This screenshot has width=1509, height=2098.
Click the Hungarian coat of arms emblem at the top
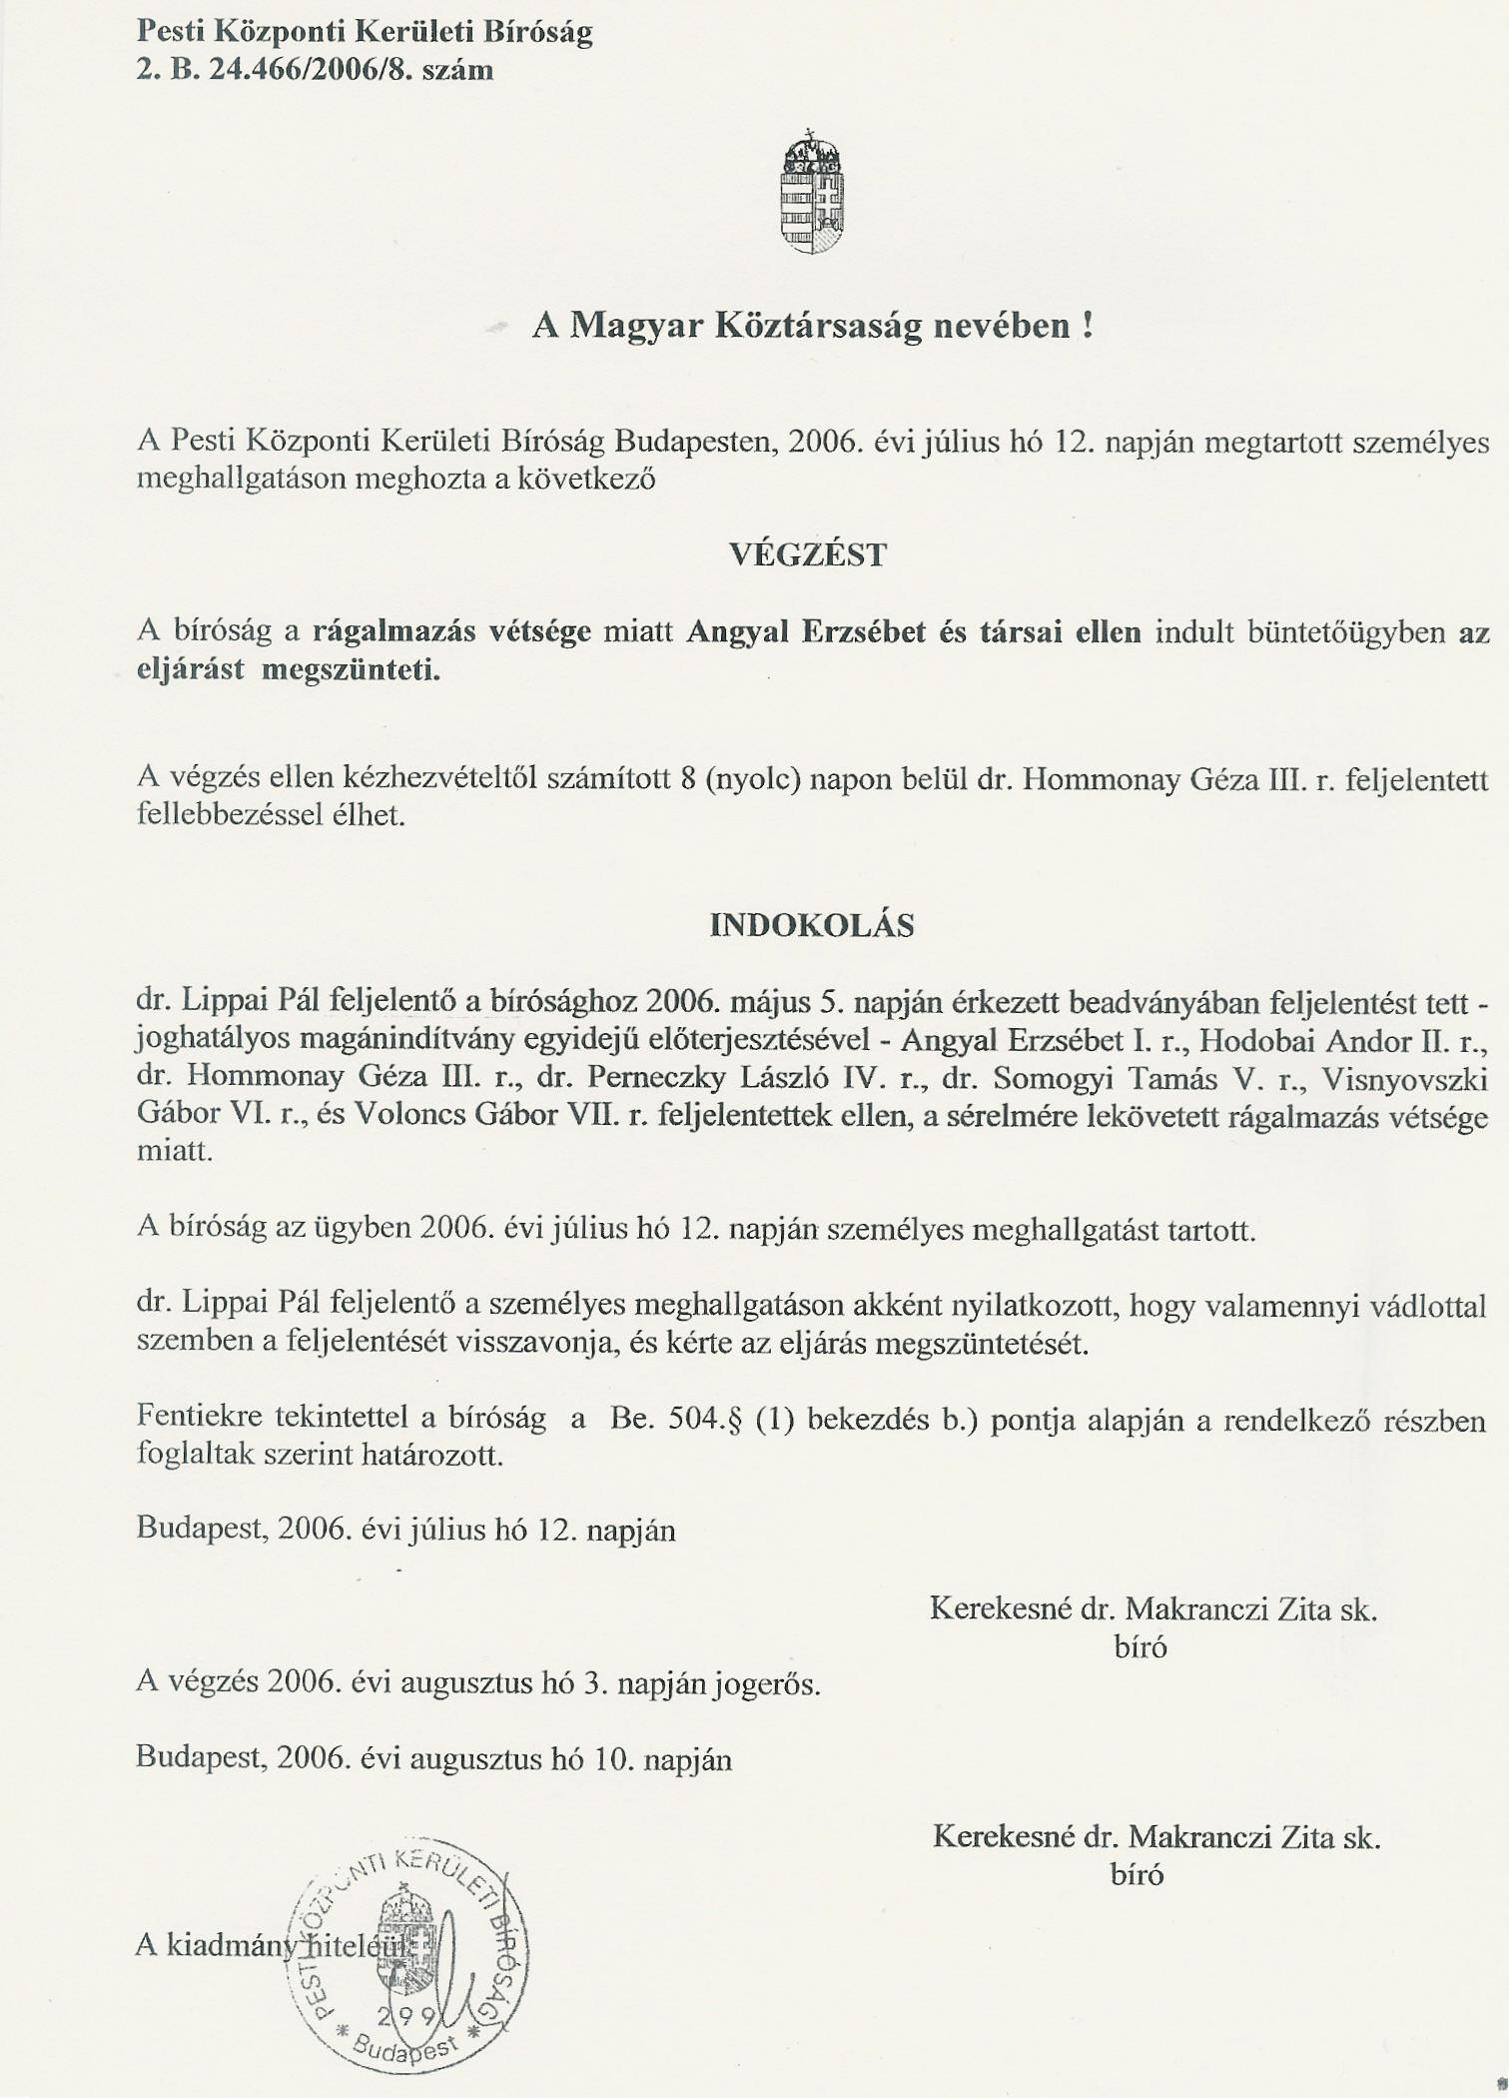[x=811, y=193]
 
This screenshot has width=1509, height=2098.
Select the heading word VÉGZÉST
[x=808, y=555]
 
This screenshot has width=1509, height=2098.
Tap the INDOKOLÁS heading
[x=811, y=926]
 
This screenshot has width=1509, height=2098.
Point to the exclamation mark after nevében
[x=1087, y=327]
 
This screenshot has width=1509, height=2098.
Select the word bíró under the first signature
[x=1140, y=1647]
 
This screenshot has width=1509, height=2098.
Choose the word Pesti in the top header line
[x=167, y=33]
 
